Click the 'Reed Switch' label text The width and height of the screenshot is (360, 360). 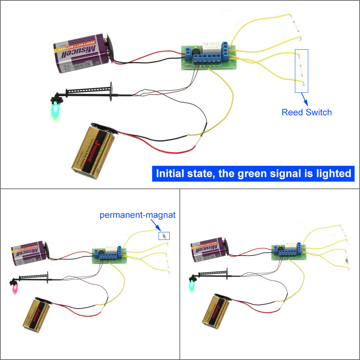click(x=306, y=112)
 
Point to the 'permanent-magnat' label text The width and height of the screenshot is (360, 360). click(x=137, y=215)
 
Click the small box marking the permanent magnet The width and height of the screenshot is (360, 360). click(x=164, y=236)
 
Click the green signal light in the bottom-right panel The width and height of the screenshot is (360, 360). click(x=192, y=286)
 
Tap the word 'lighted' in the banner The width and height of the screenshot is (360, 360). click(x=331, y=174)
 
